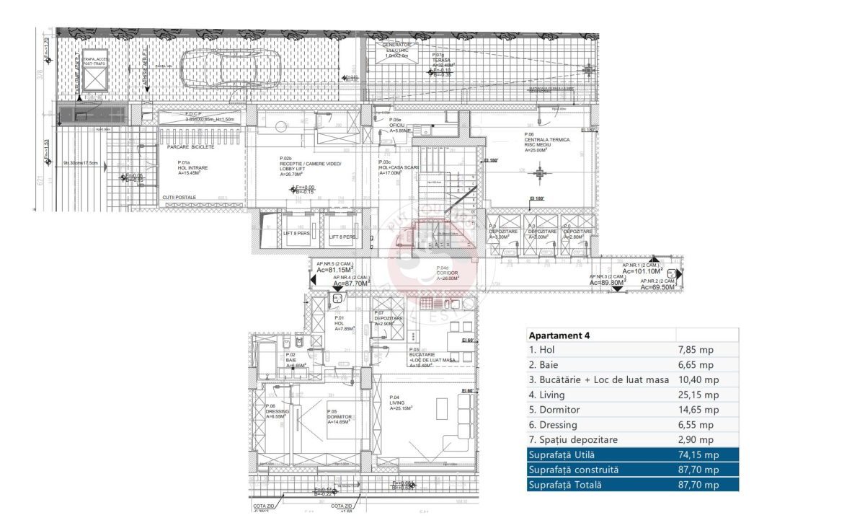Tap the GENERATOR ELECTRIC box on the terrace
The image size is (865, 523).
[396, 49]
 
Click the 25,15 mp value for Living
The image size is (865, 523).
[698, 395]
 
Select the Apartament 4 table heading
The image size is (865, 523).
[559, 335]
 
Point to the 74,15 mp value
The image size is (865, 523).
[698, 454]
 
